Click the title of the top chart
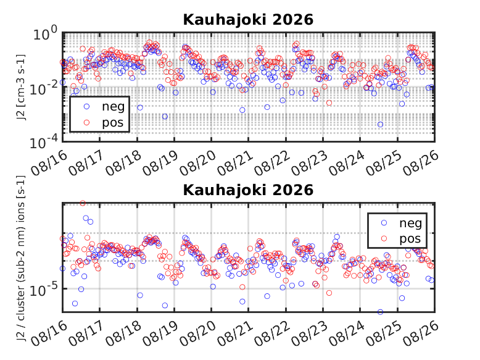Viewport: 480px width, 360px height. [248, 20]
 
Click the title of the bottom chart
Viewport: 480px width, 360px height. [248, 190]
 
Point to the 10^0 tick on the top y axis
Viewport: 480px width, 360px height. [44, 34]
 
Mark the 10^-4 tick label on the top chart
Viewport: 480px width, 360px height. [43, 142]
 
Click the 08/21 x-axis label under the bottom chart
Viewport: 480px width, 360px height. [235, 334]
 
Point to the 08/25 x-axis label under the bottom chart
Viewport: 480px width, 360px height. [384, 334]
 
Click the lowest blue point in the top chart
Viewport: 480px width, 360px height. [380, 124]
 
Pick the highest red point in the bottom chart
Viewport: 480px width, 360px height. [83, 203]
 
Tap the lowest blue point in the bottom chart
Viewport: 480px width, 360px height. [380, 312]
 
